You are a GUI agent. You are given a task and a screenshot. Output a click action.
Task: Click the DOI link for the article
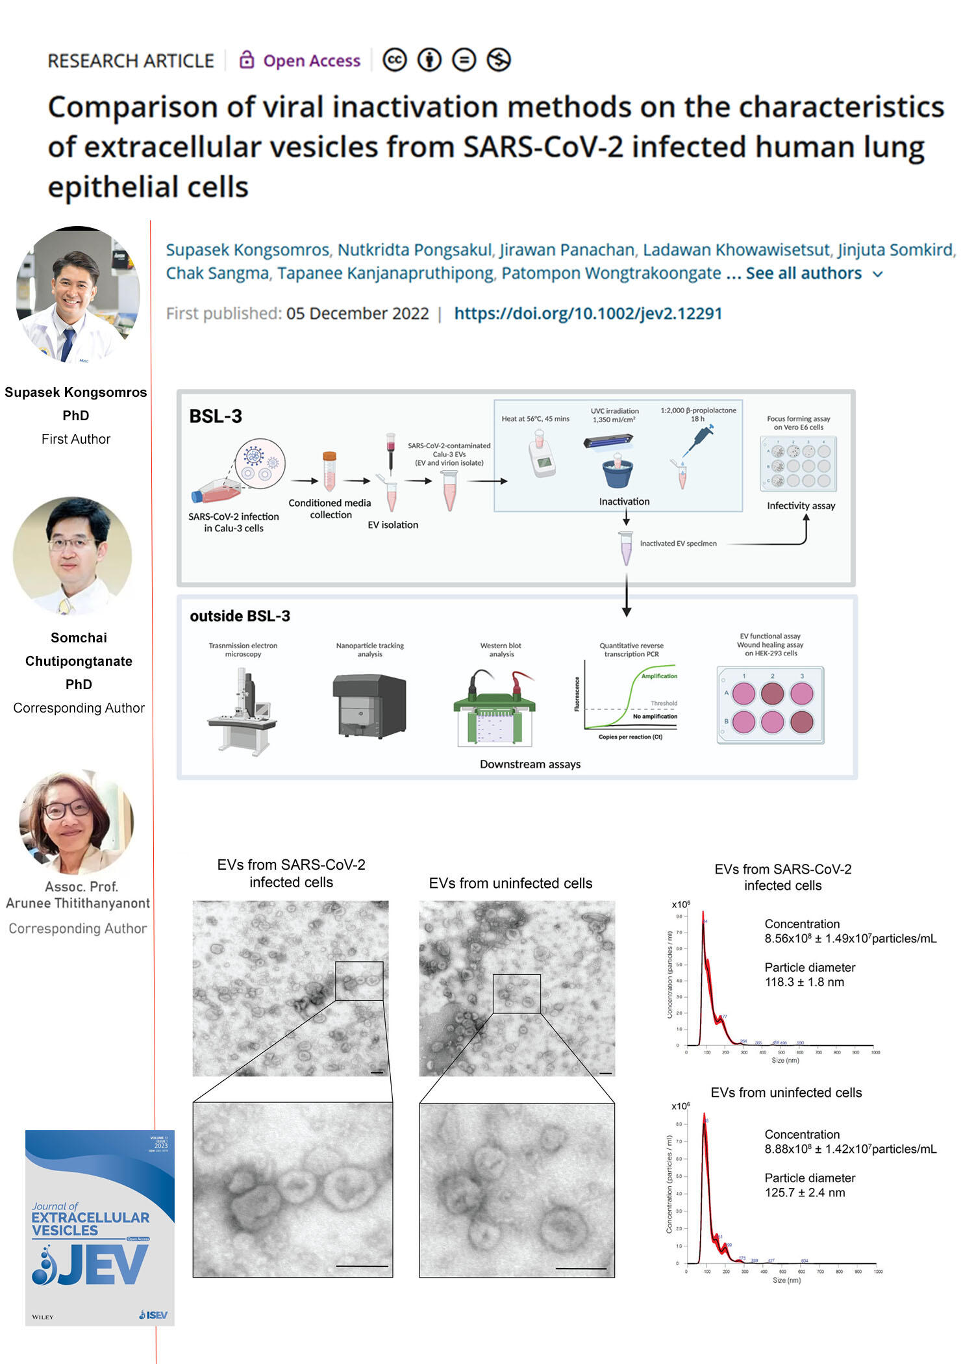tap(588, 314)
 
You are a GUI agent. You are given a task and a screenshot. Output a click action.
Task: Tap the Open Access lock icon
tap(246, 60)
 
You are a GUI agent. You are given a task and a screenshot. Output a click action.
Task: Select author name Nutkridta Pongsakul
tap(414, 250)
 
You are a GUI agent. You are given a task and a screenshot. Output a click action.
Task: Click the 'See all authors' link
tap(804, 273)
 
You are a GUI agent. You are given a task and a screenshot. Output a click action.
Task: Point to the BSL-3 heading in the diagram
tap(216, 416)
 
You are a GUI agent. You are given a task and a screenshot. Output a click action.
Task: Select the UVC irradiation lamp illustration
tap(608, 442)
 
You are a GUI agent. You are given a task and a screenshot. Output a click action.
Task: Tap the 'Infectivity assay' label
tap(801, 506)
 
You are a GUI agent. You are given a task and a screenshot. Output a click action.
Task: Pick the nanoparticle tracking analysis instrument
tap(369, 706)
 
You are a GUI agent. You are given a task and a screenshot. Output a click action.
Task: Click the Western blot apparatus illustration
tap(495, 709)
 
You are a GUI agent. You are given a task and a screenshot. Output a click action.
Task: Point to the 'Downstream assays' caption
tap(530, 764)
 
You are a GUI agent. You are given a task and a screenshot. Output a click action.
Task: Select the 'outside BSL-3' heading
tap(240, 616)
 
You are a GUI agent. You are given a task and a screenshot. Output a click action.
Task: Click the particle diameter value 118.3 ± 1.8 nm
tap(804, 982)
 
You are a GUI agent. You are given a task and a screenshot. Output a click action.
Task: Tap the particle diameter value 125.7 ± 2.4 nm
tap(805, 1193)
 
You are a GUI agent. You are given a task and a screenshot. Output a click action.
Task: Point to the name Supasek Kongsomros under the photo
tap(76, 392)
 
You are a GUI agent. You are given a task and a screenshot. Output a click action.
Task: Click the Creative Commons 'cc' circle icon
tap(395, 60)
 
